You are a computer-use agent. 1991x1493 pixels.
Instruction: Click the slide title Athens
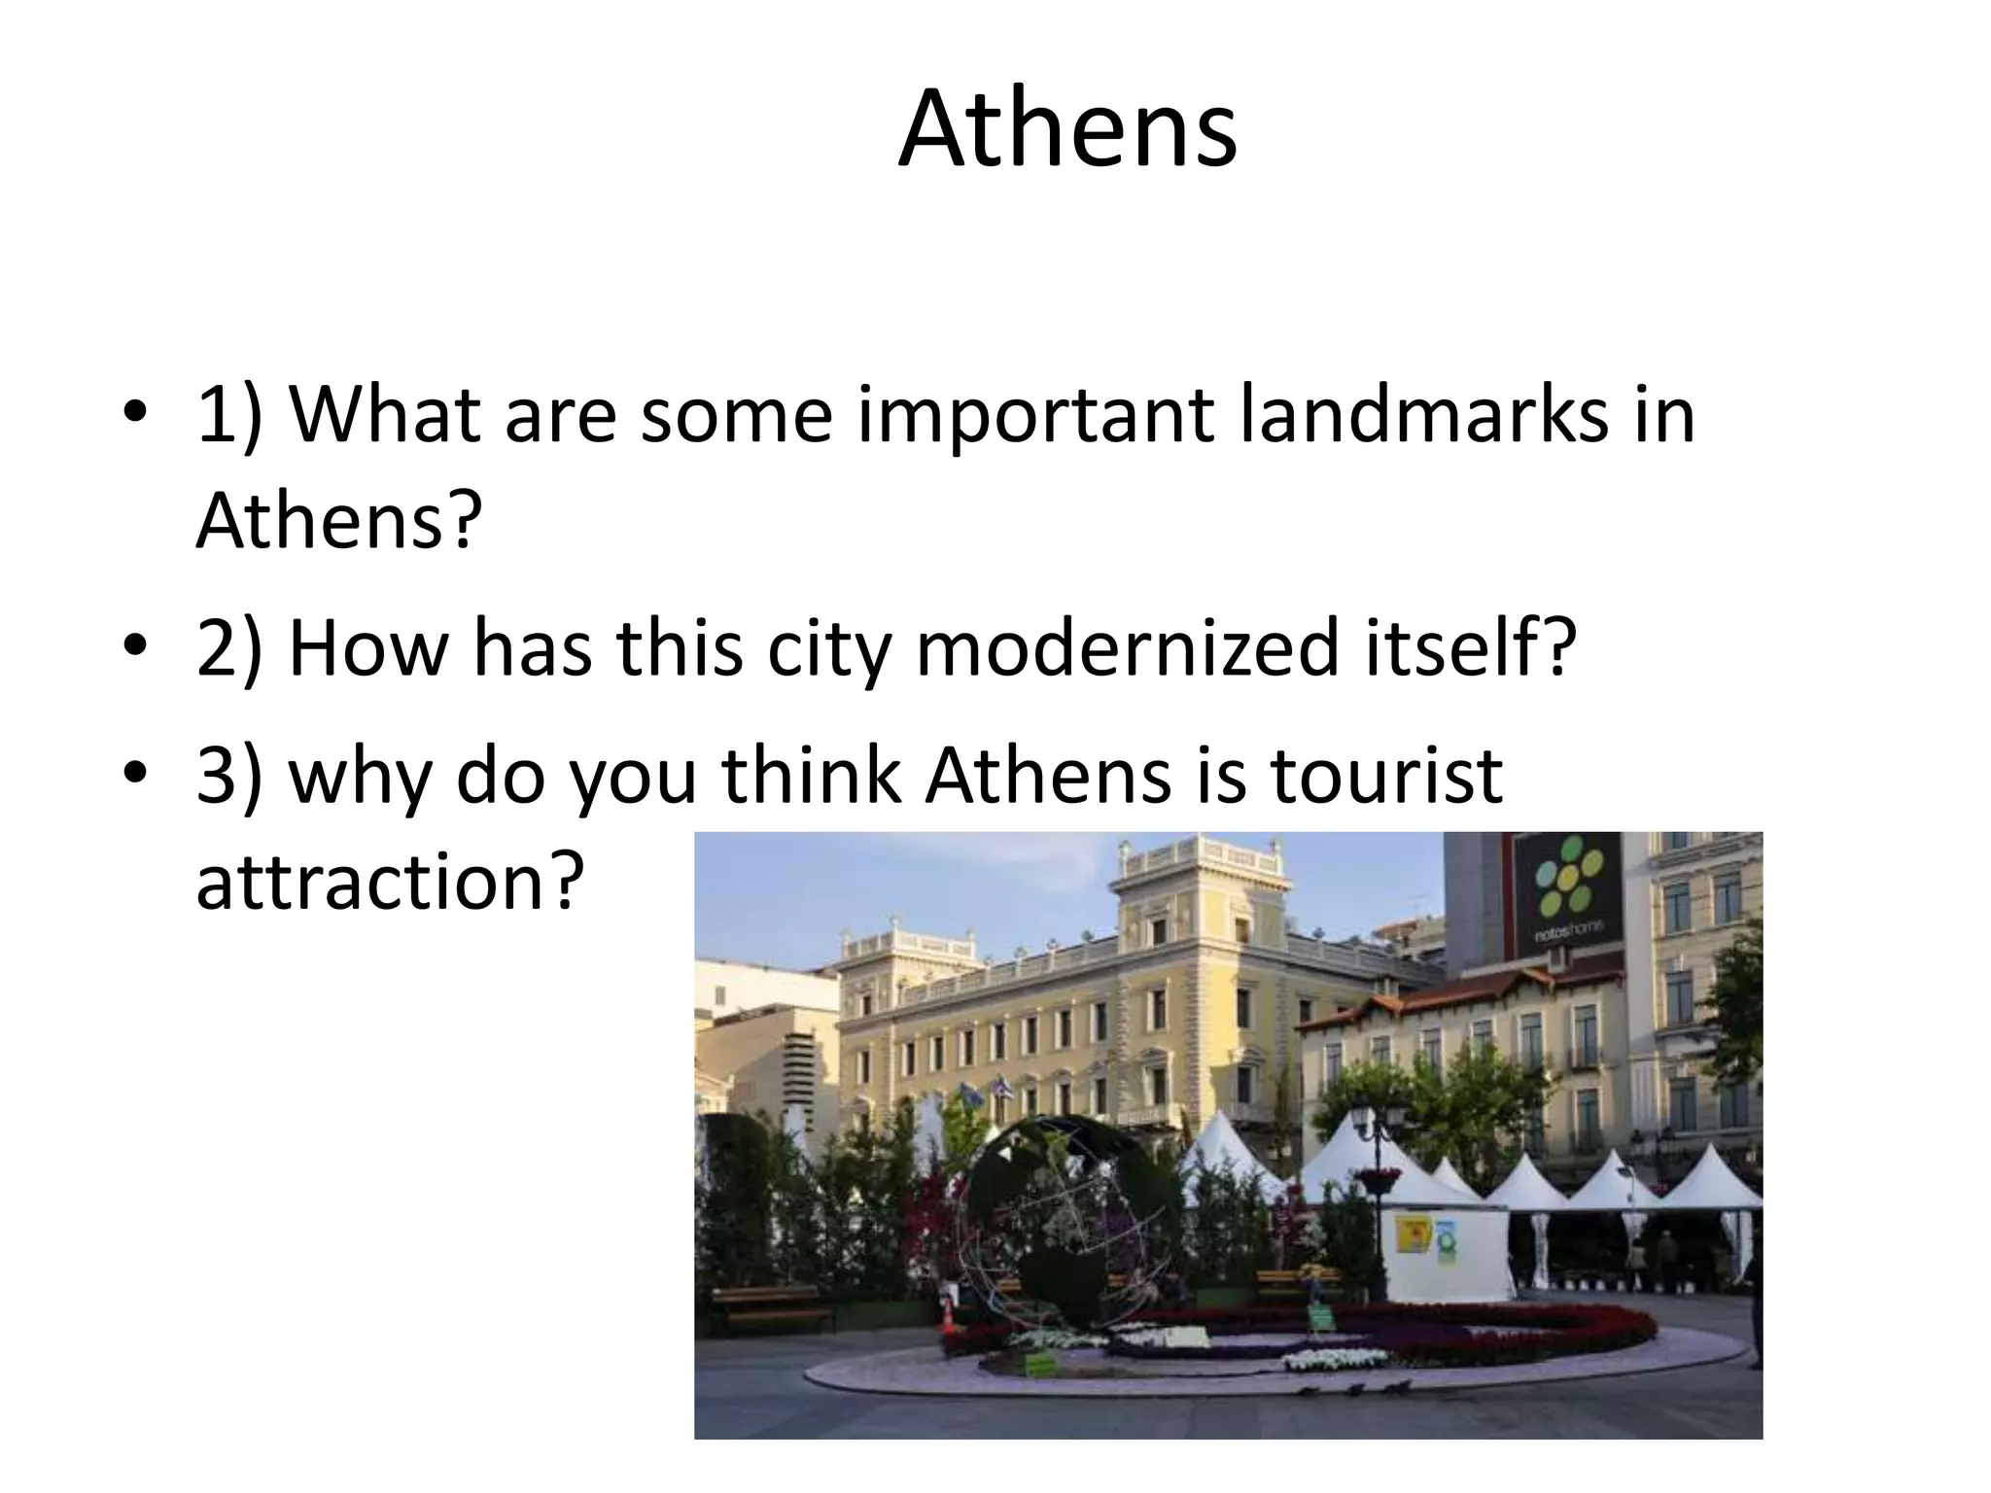(x=1066, y=129)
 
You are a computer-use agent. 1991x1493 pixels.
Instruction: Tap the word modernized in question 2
(x=1127, y=648)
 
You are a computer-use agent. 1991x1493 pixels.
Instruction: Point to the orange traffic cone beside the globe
(x=948, y=1316)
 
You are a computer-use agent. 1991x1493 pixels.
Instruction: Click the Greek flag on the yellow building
(x=1002, y=1089)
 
